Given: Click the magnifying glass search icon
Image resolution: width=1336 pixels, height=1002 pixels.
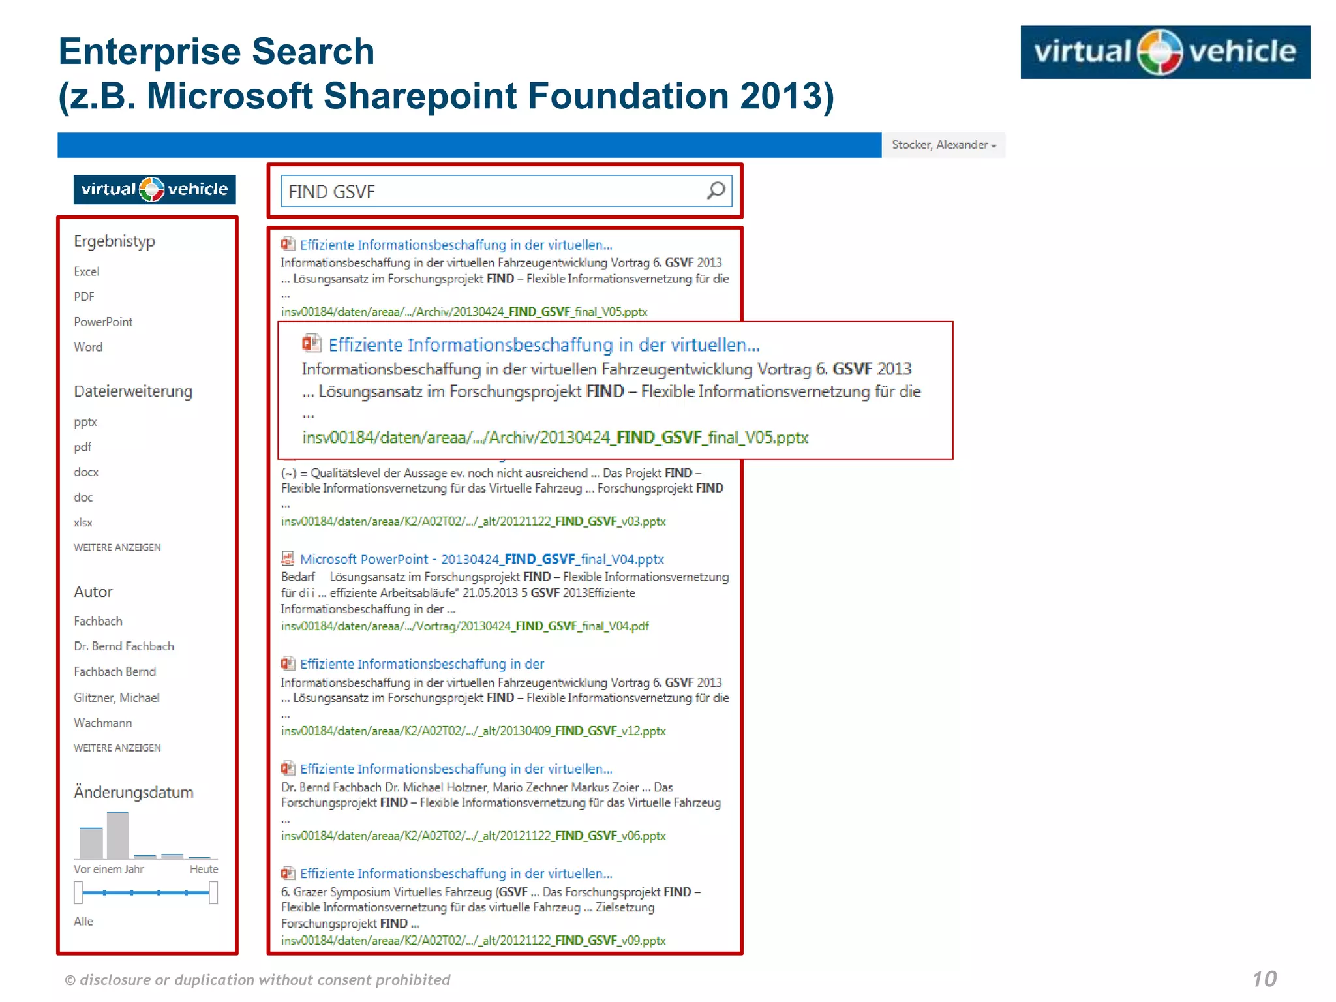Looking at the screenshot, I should (716, 190).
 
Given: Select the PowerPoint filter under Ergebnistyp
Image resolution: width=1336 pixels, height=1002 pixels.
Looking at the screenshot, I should (103, 322).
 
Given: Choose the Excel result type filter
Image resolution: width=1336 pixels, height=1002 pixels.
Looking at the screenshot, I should (87, 271).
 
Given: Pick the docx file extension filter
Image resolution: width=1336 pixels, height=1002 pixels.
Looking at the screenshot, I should (86, 472).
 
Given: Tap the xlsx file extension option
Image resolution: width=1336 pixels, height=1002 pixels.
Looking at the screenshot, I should (83, 523).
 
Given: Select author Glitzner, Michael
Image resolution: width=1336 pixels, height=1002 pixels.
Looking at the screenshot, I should (117, 697).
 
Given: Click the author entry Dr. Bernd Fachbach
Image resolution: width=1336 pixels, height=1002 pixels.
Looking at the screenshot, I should (124, 646).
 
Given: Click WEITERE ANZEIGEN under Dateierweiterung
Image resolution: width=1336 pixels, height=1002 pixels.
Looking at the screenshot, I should (117, 547).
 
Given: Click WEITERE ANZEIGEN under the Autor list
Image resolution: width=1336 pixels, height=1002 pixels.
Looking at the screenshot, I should (117, 748).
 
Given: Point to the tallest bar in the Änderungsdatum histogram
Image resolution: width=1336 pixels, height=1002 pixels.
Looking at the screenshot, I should (118, 835).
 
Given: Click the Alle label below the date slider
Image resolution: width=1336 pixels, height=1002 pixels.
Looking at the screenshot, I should (83, 921).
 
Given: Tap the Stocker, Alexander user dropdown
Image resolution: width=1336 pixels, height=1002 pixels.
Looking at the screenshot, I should (943, 145).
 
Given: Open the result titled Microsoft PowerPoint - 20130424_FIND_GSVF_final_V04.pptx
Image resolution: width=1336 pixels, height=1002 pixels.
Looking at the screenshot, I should (481, 559).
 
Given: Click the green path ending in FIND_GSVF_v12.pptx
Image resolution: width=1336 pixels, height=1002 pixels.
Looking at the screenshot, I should (473, 731).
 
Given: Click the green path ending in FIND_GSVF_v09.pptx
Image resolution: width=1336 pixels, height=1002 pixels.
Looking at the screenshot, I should (473, 940).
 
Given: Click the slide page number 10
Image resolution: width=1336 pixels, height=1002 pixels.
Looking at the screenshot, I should (1264, 979).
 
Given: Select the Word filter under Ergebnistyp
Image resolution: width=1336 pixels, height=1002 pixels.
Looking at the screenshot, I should (88, 347).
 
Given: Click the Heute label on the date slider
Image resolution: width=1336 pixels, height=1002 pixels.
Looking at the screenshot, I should (204, 869).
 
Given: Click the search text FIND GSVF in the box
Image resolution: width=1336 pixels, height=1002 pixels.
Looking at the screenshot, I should (331, 192).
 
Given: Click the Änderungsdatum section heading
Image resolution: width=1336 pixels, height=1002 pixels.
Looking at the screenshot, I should (134, 792).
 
